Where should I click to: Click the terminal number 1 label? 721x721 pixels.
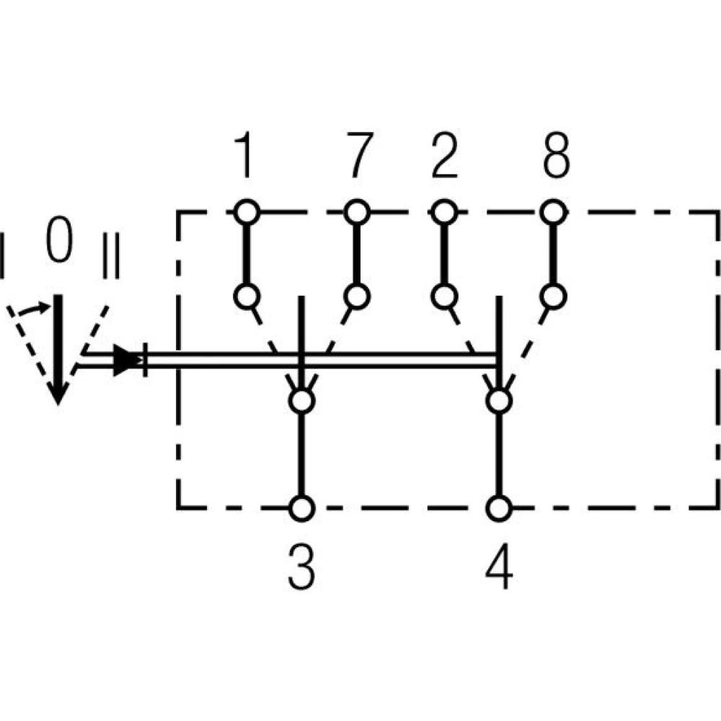click(246, 156)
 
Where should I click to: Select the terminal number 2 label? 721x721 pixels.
click(443, 156)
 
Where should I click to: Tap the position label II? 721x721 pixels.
click(110, 255)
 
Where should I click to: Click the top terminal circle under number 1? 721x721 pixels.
click(246, 213)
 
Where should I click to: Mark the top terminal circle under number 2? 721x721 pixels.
click(444, 213)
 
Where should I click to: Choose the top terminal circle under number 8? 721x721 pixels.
click(554, 213)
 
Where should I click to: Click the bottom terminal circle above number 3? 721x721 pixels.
click(302, 508)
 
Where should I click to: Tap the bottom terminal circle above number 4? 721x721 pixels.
click(498, 508)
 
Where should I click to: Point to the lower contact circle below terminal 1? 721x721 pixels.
click(246, 296)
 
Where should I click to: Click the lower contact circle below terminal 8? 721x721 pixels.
click(554, 296)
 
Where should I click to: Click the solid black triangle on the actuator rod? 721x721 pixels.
click(128, 360)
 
